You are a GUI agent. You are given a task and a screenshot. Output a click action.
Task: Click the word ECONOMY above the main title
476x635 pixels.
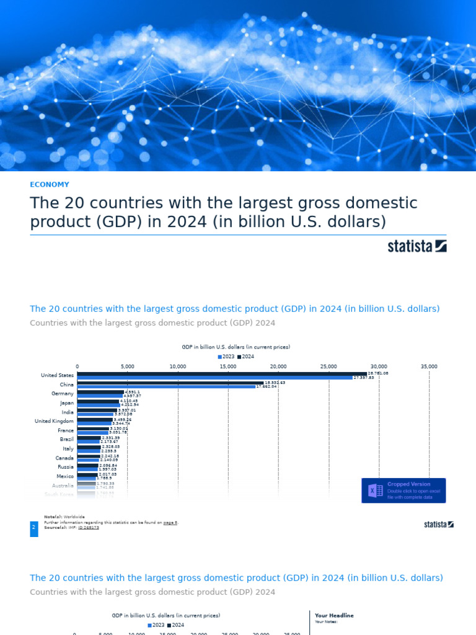50,184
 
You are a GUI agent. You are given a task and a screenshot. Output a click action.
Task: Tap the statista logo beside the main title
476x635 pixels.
417,246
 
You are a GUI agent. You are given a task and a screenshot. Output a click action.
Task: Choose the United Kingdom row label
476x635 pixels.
58,421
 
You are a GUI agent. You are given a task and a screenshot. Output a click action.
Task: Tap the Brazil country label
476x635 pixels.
67,439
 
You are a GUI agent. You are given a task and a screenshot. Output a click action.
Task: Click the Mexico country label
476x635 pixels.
66,476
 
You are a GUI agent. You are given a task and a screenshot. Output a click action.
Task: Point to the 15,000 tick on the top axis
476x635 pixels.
228,366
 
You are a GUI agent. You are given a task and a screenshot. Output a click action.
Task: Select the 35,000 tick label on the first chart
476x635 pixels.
429,366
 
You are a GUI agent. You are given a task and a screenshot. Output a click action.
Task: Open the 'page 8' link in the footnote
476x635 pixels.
170,523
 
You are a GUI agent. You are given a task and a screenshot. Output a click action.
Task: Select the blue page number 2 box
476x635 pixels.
33,528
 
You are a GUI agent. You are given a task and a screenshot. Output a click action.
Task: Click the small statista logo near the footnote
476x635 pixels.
439,525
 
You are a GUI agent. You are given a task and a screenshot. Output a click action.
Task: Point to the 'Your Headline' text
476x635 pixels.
334,615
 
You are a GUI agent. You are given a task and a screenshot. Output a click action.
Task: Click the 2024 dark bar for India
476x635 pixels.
97,410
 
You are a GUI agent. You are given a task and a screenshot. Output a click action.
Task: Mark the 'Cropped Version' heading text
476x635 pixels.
408,484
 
